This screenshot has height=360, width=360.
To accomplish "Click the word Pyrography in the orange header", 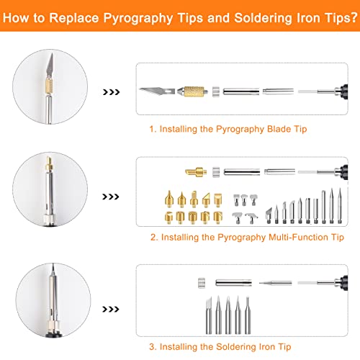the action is [x=138, y=18].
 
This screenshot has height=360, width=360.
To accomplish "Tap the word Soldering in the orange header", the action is [x=263, y=18].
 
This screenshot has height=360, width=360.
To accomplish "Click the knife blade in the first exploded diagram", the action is [x=157, y=91].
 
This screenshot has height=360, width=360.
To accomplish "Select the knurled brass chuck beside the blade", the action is [x=192, y=91].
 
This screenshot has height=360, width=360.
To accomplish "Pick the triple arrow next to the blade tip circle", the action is [x=111, y=92].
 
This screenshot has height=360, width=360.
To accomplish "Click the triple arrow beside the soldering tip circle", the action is [x=111, y=309].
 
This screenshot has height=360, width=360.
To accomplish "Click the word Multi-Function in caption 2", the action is [x=298, y=237].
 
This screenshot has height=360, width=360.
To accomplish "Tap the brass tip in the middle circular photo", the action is [x=49, y=164].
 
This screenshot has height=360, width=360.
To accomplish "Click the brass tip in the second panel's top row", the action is [x=196, y=172].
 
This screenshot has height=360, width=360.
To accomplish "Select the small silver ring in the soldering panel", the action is [x=202, y=283].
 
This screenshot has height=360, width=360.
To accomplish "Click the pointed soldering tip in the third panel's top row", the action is [x=276, y=283].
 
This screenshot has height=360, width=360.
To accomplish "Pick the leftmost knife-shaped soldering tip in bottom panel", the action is [x=209, y=315].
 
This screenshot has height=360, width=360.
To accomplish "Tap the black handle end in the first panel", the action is [x=344, y=91].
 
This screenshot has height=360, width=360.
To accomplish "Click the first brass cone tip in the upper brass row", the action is [x=169, y=199].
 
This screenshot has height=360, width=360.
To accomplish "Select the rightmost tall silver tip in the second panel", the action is [x=340, y=206].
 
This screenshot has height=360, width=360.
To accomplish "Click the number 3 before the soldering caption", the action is [x=152, y=347].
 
